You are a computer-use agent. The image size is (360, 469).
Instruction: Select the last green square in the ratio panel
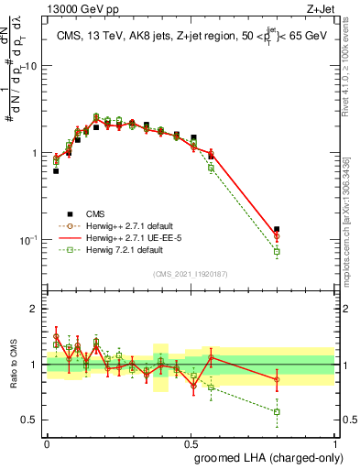[277, 411]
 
